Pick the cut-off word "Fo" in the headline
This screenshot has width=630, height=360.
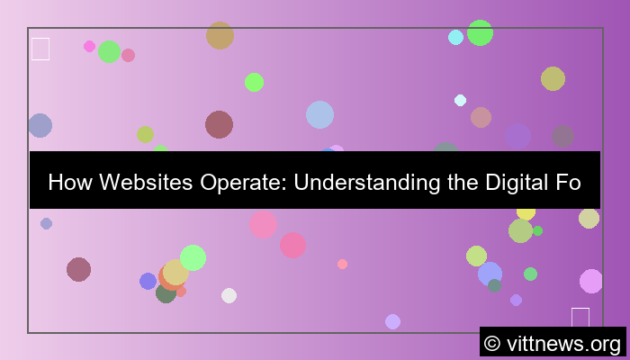(x=569, y=183)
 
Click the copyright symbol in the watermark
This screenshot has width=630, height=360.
(x=492, y=343)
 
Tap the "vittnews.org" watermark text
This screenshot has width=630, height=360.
(x=564, y=343)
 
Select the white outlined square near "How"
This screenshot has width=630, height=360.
(x=40, y=49)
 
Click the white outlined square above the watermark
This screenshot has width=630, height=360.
(x=580, y=317)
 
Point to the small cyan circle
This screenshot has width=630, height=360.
(x=455, y=37)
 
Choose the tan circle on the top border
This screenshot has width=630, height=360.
(x=220, y=35)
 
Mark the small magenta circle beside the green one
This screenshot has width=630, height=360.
(x=89, y=46)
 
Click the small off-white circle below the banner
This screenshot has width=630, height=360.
(x=229, y=295)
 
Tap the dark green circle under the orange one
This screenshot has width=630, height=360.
(x=166, y=293)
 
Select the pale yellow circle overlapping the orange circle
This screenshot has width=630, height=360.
(x=175, y=272)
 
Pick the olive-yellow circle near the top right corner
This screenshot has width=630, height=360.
(x=553, y=78)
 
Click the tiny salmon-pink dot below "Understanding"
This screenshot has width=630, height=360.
(x=342, y=264)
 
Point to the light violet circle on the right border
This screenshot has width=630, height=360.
(x=591, y=281)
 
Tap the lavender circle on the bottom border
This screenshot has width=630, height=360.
(x=392, y=321)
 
